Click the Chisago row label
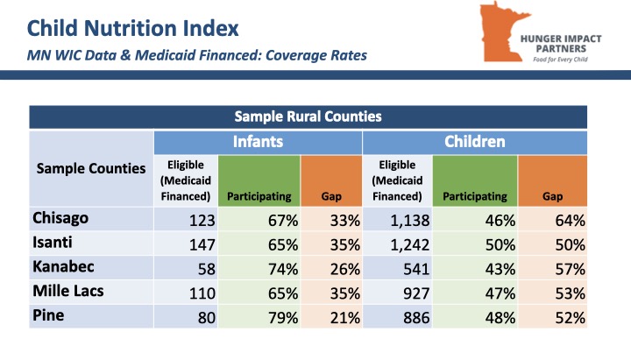pos(60,218)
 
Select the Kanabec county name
pos(63,266)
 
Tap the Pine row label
pos(48,315)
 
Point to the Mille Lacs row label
pos(68,291)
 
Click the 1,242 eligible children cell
pos(409,244)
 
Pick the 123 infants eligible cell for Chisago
pos(202,221)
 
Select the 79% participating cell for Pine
pos(283,318)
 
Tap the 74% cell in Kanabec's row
pos(283,269)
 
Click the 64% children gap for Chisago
pos(570,221)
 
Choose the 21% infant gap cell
pos(345,318)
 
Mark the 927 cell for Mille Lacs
pos(416,293)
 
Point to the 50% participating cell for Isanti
pos(500,244)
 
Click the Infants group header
pos(258,142)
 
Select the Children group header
pos(474,142)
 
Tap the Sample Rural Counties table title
pos(308,116)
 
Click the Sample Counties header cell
pos(91,168)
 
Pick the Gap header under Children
pos(552,197)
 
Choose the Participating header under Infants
pos(259,197)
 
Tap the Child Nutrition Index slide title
pos(133,28)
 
